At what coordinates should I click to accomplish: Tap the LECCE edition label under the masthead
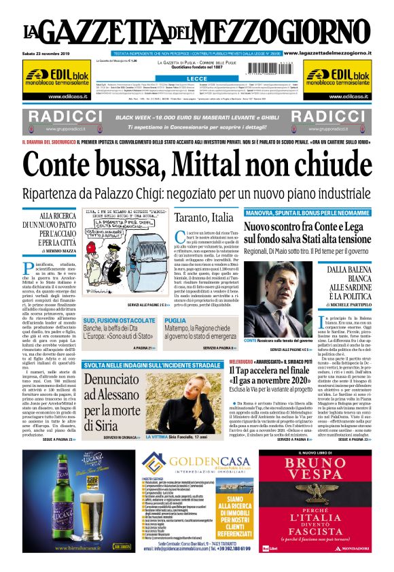click(196, 79)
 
